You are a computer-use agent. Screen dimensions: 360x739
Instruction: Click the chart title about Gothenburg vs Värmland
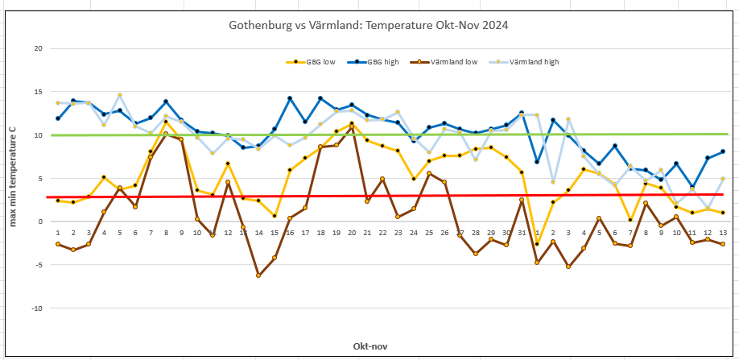[368, 25]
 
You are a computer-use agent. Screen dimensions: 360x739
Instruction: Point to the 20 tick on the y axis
[37, 48]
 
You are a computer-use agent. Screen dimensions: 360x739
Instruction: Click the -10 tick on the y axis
[35, 308]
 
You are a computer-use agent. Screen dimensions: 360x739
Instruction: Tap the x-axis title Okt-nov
[370, 346]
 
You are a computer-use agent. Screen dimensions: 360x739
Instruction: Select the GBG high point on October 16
[290, 98]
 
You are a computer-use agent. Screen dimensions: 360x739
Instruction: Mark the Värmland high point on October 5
[120, 95]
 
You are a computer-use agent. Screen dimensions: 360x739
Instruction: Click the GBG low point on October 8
[166, 122]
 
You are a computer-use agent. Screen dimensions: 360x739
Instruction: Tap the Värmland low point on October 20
[352, 124]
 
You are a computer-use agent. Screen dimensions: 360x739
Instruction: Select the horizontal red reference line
[403, 196]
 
